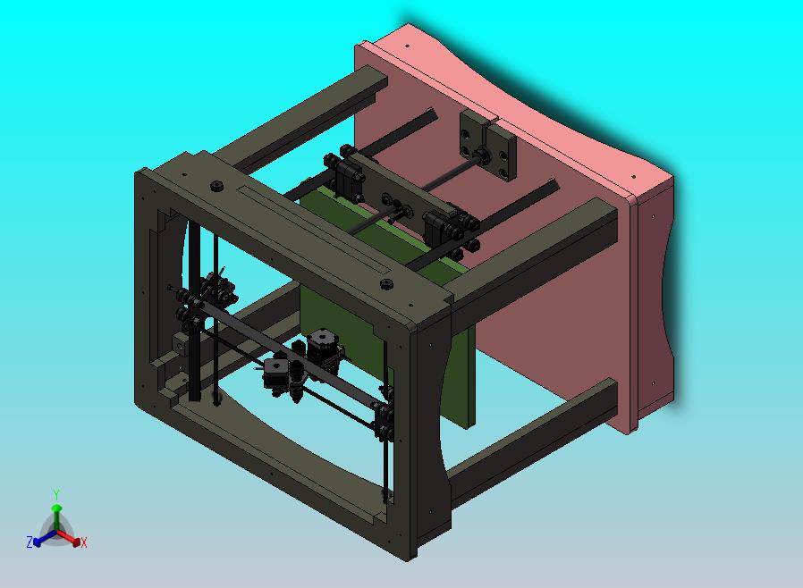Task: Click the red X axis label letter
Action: pos(84,542)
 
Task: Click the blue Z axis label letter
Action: pos(30,542)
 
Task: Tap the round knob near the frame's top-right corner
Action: pos(386,285)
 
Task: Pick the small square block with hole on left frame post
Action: pos(182,343)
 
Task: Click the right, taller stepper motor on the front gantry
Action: pos(323,348)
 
